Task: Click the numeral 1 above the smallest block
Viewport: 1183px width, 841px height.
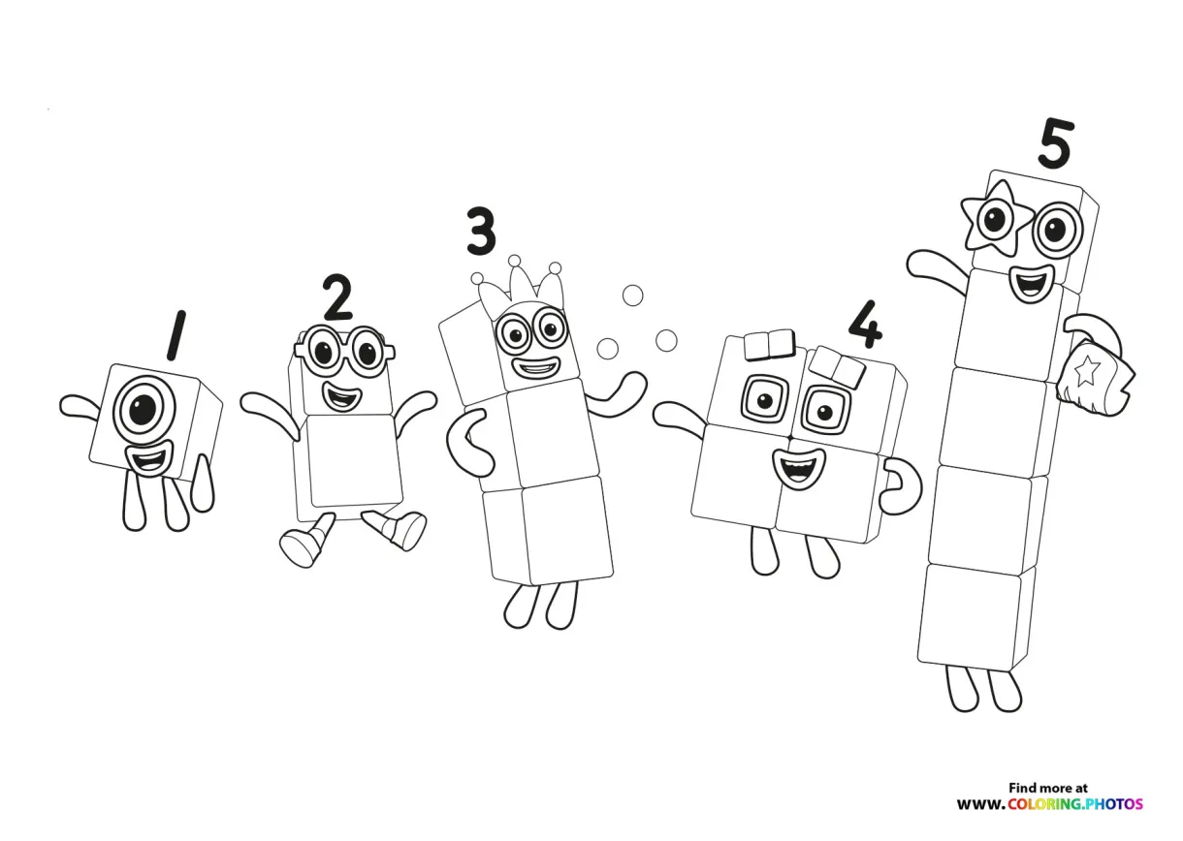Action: coord(176,335)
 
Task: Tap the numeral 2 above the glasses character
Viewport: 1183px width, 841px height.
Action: coord(336,297)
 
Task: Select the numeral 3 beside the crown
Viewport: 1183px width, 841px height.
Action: coord(480,232)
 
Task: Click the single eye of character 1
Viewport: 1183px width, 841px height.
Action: coord(142,410)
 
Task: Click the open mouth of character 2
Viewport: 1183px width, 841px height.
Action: coord(338,395)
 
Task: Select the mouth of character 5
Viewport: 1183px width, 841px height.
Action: coord(1028,283)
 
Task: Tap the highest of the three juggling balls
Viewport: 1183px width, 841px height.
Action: coord(632,295)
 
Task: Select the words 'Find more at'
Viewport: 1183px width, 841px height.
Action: coord(1048,788)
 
